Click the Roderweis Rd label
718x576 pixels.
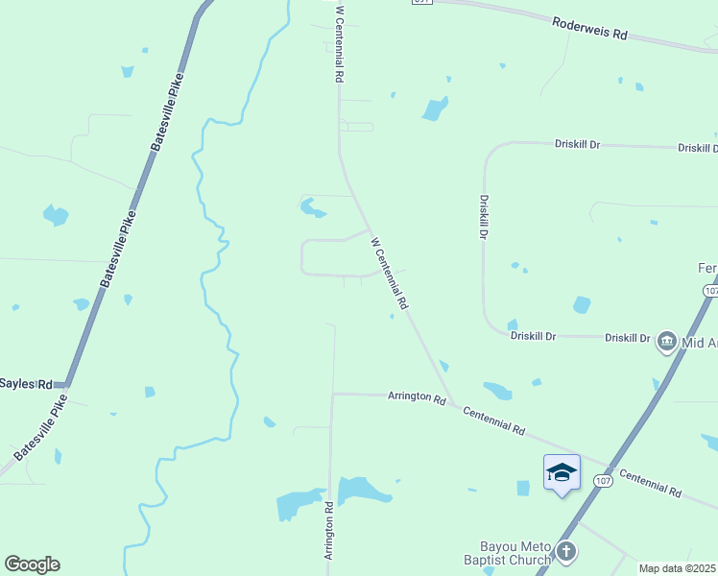(589, 28)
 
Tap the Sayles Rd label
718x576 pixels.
(26, 383)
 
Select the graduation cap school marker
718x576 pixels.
(562, 471)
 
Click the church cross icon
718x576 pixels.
(566, 551)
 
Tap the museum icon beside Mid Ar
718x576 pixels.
(666, 341)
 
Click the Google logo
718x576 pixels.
(32, 564)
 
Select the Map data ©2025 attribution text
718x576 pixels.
(678, 568)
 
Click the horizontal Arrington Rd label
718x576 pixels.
(417, 397)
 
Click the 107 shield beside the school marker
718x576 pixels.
(603, 480)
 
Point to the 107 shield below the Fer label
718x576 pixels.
(709, 290)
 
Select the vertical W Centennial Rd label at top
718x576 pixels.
(339, 44)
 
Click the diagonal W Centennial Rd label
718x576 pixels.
(390, 274)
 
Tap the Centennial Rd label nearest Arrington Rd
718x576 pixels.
(493, 420)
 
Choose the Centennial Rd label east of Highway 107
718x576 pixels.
(650, 483)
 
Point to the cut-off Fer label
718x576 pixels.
(706, 268)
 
